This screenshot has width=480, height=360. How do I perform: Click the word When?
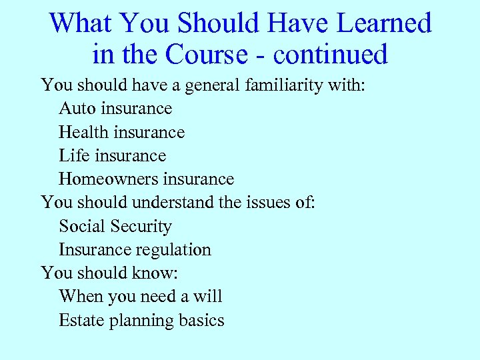(x=77, y=297)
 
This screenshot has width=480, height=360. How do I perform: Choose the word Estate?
(x=79, y=321)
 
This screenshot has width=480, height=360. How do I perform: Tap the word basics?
(x=201, y=321)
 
